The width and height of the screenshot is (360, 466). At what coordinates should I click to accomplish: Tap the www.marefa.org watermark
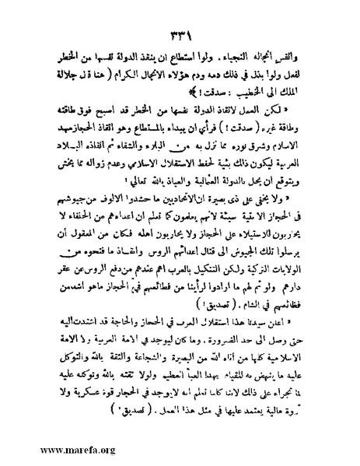point(58,450)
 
